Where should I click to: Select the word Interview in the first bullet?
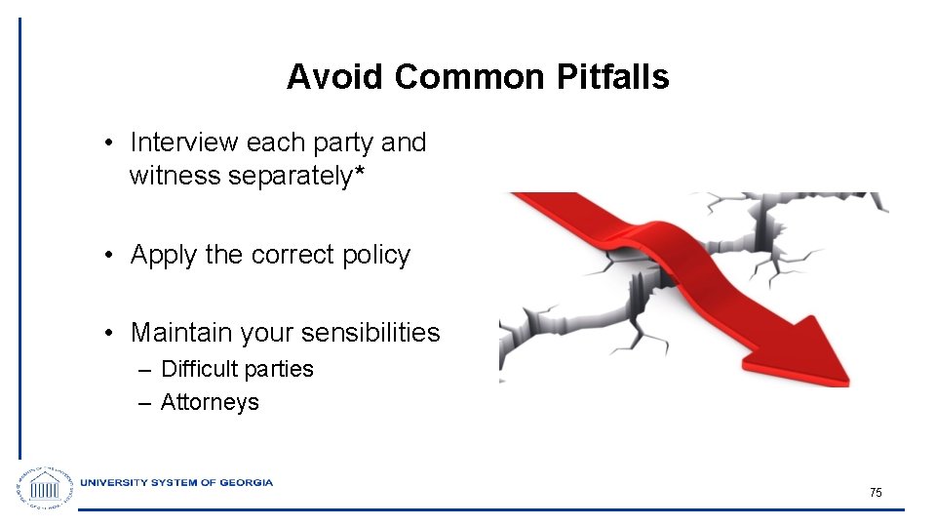(x=184, y=142)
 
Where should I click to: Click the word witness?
(x=174, y=177)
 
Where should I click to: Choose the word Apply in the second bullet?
(x=164, y=256)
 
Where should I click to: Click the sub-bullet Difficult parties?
(x=237, y=369)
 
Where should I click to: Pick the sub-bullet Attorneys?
(x=210, y=402)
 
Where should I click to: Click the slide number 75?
(x=876, y=493)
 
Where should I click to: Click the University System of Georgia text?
(x=176, y=482)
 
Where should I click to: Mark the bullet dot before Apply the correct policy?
(x=112, y=256)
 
